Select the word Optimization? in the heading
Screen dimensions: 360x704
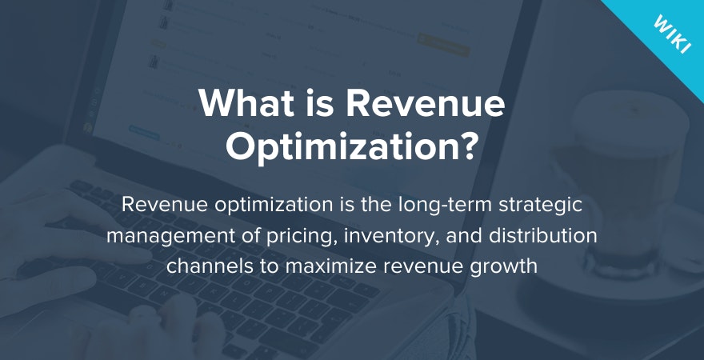pos(352,148)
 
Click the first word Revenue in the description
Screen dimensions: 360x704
pos(158,204)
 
